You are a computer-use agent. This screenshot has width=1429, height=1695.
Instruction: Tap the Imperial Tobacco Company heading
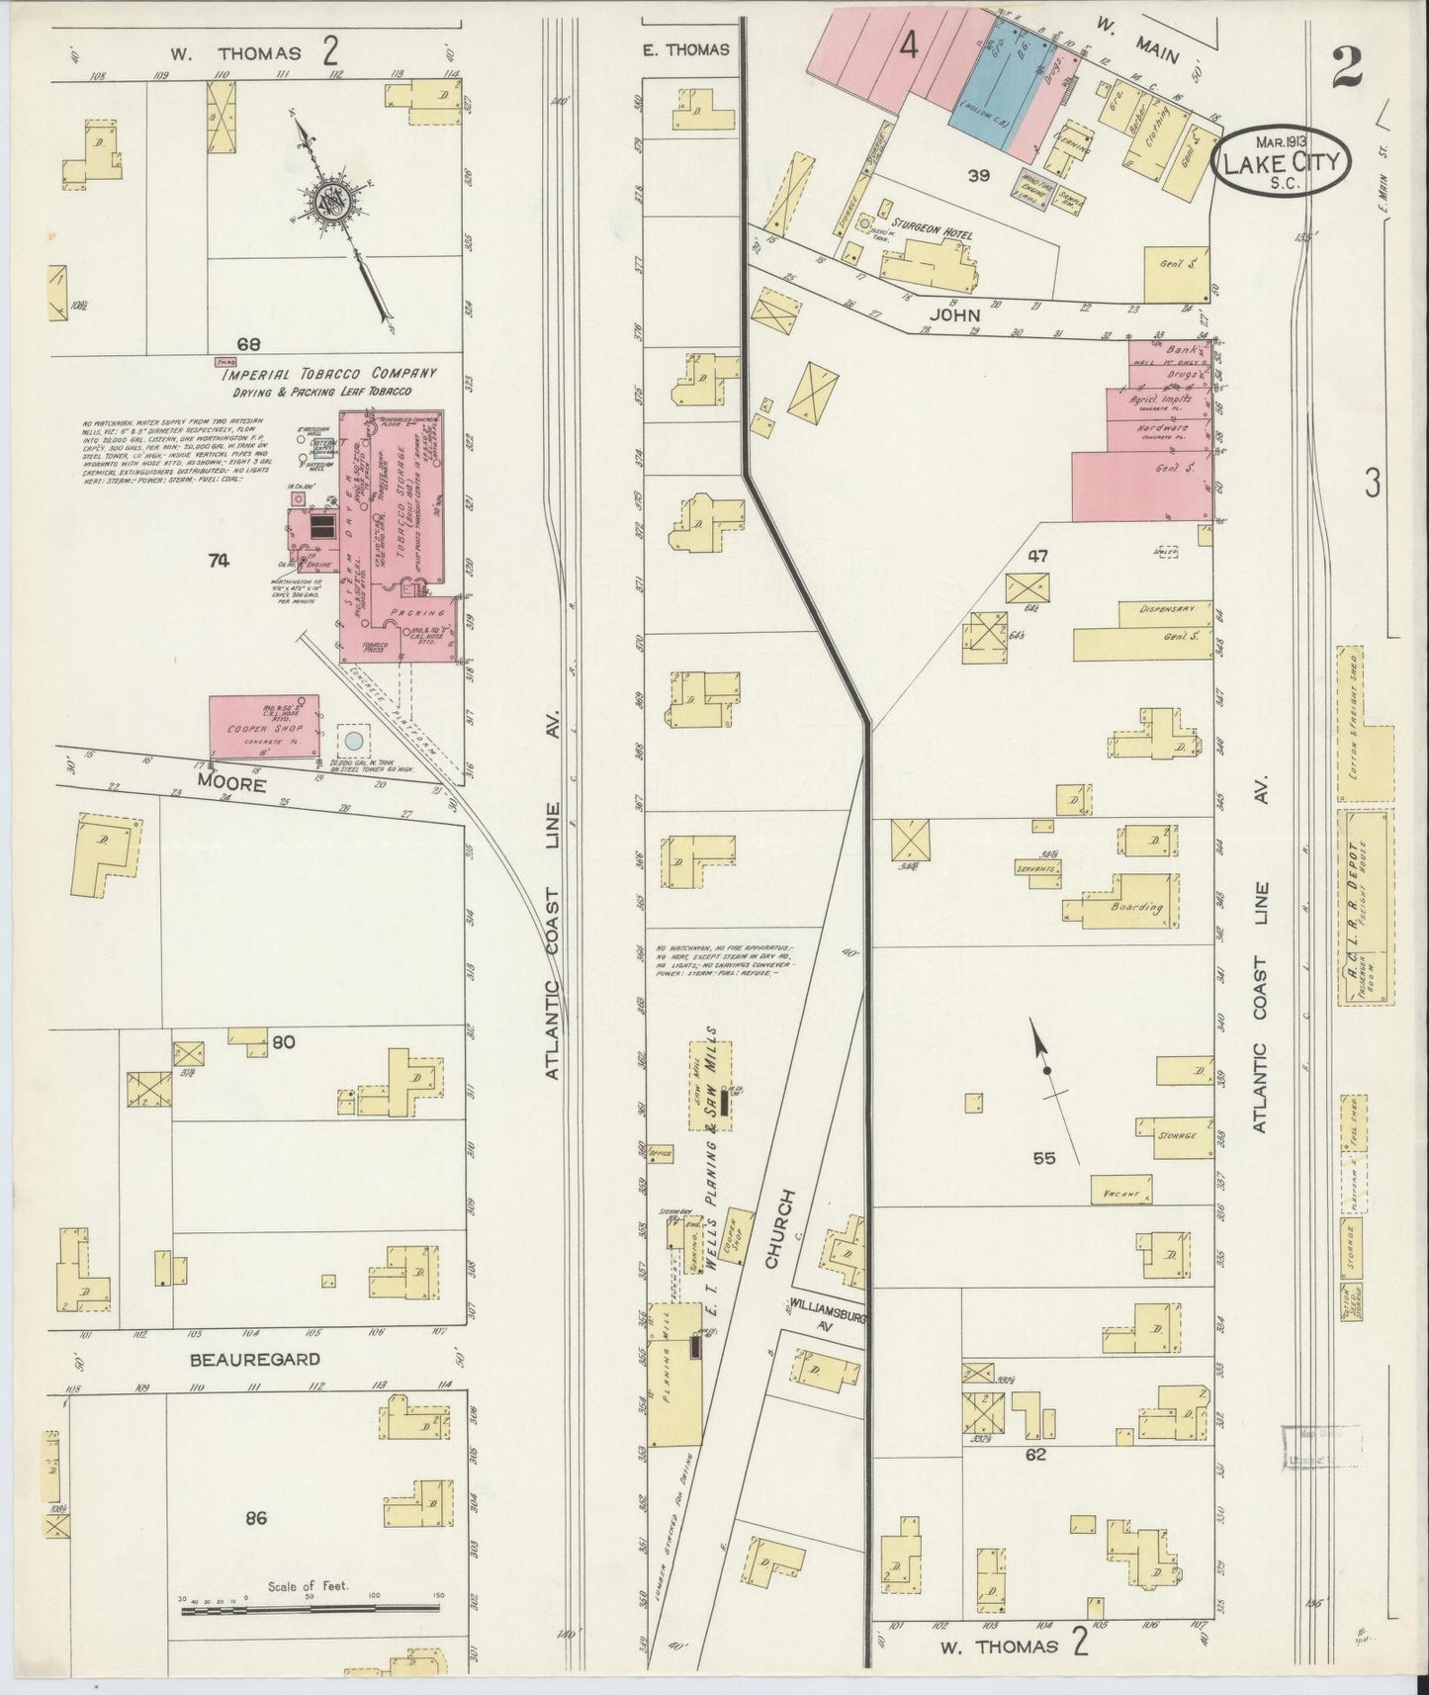point(328,374)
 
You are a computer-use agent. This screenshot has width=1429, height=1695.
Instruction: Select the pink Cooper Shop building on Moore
point(264,728)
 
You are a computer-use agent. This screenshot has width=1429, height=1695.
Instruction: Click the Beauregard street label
point(254,1359)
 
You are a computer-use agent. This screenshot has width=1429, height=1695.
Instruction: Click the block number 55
point(1043,1158)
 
